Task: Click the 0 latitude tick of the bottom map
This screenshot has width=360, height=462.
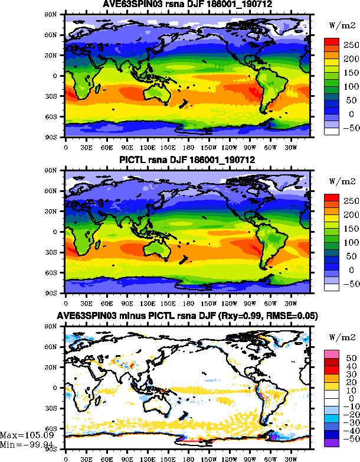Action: coord(59,388)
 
